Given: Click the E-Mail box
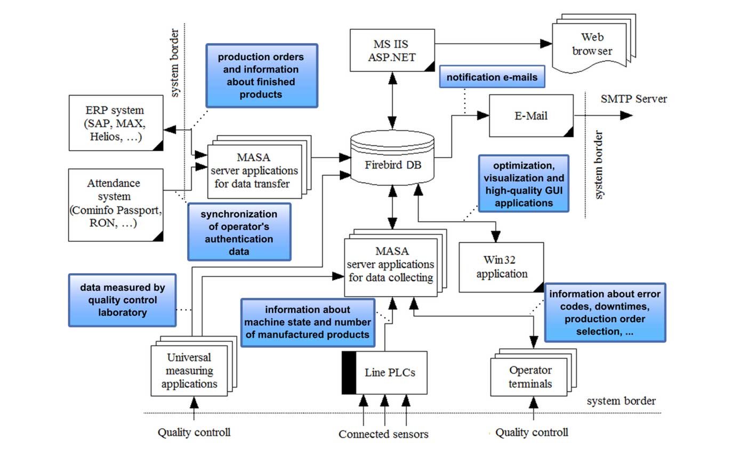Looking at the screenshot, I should point(531,116).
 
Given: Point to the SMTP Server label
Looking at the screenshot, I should point(633,99).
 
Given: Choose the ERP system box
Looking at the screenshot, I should point(116,123).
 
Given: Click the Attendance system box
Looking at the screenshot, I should point(116,205).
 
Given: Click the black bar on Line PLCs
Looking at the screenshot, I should point(349,372).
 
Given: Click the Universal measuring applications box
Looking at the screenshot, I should point(189,371).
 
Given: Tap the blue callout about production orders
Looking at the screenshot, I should point(261,76).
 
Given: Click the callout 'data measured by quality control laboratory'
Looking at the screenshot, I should point(122,300).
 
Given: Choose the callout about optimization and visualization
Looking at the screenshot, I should point(523,183).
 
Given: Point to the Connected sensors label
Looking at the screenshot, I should point(383,434).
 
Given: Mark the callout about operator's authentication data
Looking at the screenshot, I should point(239,232).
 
